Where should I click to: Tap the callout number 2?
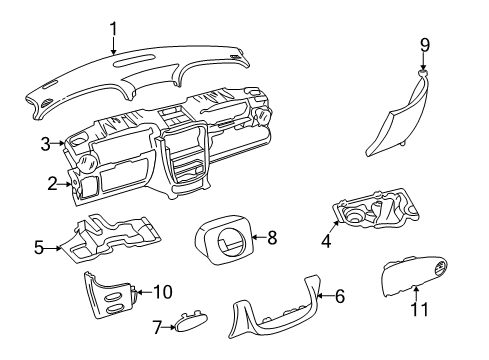click(52, 182)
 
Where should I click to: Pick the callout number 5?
click(39, 246)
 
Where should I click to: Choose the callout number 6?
click(339, 296)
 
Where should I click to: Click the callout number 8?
click(271, 237)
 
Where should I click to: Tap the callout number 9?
click(424, 44)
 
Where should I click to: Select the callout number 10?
click(161, 292)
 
